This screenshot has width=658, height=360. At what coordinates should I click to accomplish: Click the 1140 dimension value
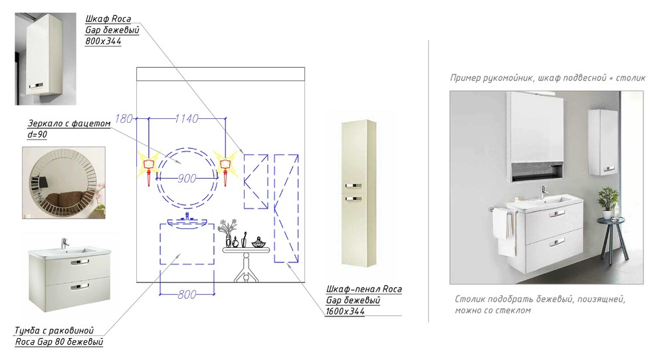pos(186,119)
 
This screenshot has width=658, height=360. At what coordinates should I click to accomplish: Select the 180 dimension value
pos(124,119)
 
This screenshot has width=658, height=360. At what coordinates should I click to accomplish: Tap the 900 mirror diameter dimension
pos(186,179)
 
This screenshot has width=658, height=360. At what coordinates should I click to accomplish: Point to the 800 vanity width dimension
pos(187,294)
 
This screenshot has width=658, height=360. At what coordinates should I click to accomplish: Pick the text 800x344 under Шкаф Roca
pos(103,41)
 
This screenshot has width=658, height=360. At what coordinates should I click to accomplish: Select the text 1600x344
pos(345,312)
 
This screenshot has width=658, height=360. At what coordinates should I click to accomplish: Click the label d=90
pos(37,135)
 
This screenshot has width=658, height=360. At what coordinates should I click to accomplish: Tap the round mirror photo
pos(64,183)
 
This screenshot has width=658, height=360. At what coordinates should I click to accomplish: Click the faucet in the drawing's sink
pos(187,217)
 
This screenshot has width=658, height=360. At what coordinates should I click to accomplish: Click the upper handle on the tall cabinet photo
pos(354,185)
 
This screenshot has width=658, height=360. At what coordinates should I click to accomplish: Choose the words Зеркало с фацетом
pos(69,124)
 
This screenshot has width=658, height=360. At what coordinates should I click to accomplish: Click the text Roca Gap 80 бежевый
pos(59,342)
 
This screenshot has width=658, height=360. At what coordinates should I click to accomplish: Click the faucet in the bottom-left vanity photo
pos(64,243)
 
